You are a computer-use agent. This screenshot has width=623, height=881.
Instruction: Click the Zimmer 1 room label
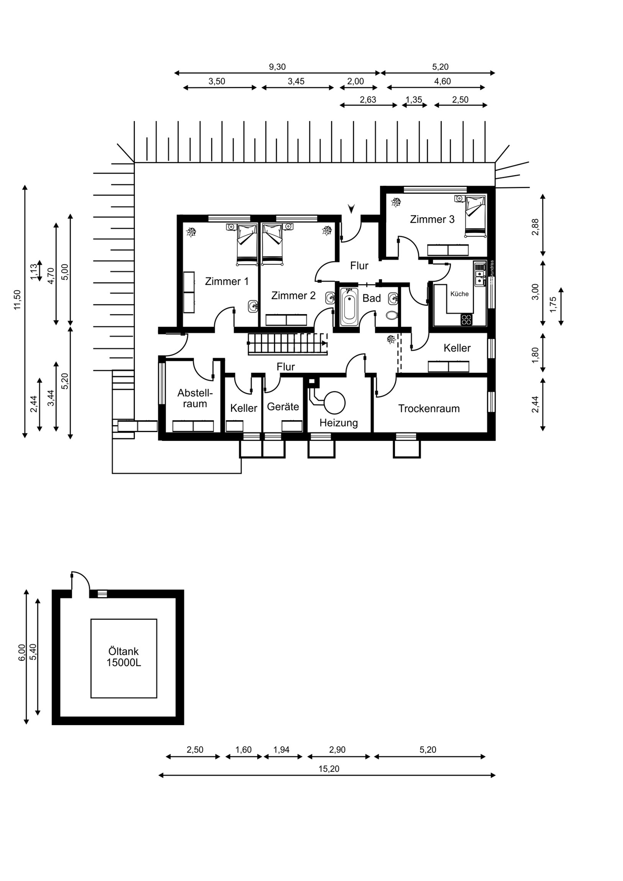(x=227, y=281)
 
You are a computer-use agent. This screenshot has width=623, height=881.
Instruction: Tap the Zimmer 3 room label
(x=432, y=219)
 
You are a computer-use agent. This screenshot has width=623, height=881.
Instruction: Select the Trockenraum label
(x=429, y=409)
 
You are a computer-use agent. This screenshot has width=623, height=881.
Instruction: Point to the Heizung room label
(x=339, y=423)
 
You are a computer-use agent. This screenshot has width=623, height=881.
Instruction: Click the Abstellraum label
(x=195, y=398)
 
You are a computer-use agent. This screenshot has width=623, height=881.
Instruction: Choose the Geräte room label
(x=283, y=407)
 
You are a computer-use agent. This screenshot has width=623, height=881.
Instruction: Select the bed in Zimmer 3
(x=475, y=217)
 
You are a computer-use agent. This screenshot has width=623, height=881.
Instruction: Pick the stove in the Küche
(x=466, y=320)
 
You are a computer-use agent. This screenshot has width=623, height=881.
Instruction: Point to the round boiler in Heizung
(x=335, y=403)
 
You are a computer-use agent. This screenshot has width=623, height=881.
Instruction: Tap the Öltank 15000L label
(x=124, y=657)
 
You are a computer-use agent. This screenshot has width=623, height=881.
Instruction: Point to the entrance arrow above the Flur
(x=351, y=209)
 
